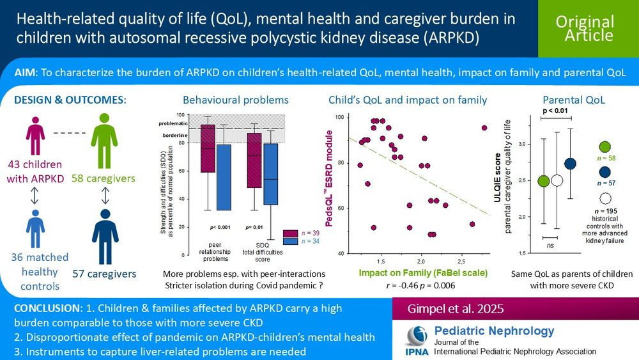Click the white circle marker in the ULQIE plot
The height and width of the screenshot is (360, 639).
[x=557, y=180]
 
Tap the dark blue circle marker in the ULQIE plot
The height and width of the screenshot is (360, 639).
[x=570, y=164]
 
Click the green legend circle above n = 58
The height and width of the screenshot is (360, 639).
[x=605, y=149]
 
